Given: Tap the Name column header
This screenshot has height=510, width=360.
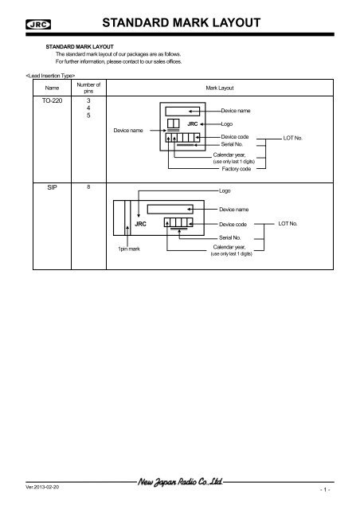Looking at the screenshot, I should coord(53,89).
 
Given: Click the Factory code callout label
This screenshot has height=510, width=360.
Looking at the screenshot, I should coord(237,169).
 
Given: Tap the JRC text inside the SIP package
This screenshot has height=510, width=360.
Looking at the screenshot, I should coord(140,225).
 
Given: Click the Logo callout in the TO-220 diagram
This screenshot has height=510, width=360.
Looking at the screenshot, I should coord(229,125).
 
